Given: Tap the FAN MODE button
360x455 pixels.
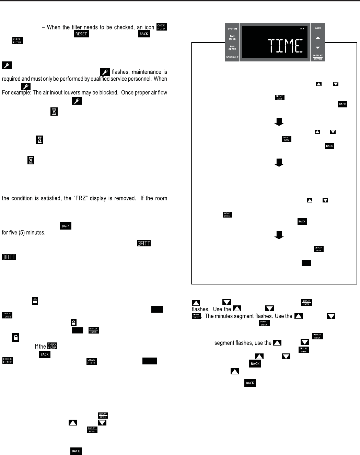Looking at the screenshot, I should pos(232,37).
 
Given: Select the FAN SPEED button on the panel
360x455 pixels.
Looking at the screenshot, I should pos(232,48).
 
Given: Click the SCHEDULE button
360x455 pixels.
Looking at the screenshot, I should pos(232,57).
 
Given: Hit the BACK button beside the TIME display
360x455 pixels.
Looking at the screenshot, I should pos(318,28).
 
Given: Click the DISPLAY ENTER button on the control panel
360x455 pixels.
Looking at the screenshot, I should pos(318,57).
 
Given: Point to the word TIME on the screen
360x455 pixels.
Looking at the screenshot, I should pos(285,46).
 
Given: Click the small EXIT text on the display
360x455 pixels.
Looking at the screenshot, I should pos(302,28).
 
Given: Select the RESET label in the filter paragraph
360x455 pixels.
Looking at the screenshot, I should pos(81,34).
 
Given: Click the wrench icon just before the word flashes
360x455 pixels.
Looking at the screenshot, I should pos(105,72).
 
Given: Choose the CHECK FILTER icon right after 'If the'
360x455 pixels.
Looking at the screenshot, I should pos(52,346).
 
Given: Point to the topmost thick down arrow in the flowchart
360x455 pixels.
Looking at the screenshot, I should pos(279,122).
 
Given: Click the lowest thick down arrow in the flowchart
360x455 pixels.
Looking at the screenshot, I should pos(279,235).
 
